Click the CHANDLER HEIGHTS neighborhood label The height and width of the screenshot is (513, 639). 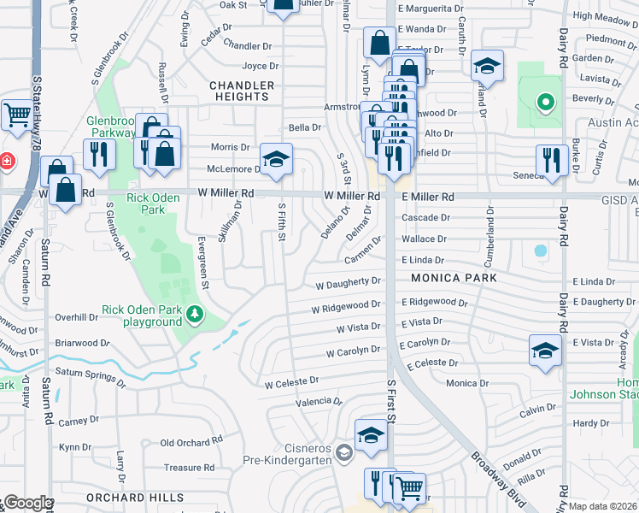coord(242,91)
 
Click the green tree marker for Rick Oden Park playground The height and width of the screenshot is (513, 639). coord(196,315)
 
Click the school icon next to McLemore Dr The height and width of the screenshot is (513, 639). coord(276,159)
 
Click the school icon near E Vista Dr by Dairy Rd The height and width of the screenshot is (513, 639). coord(545,351)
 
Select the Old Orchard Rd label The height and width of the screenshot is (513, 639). coord(192,442)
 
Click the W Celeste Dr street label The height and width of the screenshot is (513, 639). coord(291,380)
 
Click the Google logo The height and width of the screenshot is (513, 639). coord(27,503)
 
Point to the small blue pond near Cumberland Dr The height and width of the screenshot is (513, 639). coord(540,251)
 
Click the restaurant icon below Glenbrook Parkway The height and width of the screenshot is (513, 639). coord(99,154)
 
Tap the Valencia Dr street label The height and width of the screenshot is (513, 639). coord(319,401)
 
